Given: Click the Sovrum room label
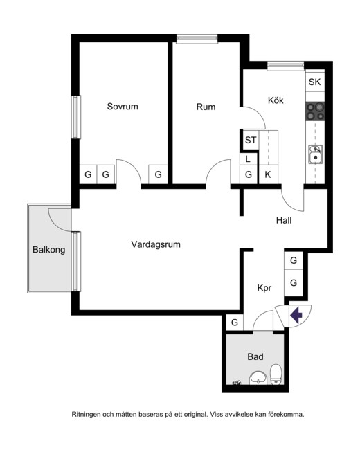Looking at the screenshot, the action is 123,107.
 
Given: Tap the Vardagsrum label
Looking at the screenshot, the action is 156,244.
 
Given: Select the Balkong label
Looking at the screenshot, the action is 48,250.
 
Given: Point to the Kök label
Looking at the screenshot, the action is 276,100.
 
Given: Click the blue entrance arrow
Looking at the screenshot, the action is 296,315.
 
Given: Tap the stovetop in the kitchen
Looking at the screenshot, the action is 315,111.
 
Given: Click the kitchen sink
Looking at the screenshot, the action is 315,154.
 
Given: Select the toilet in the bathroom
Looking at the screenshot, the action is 276,374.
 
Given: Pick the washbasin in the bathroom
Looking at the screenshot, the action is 258,378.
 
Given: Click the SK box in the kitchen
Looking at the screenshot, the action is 315,82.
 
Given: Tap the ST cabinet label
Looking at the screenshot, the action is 251,140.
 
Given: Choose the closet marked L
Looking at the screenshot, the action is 248,159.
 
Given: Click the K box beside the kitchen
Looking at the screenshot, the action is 268,174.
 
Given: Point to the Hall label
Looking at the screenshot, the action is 284,221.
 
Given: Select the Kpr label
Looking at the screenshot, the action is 264,288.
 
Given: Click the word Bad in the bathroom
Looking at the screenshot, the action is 255,357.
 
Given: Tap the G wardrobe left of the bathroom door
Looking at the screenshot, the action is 235,323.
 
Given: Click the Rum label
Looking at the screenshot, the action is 206,107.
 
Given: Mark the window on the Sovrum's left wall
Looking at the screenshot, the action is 75,117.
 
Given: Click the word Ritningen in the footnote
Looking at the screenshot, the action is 86,415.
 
